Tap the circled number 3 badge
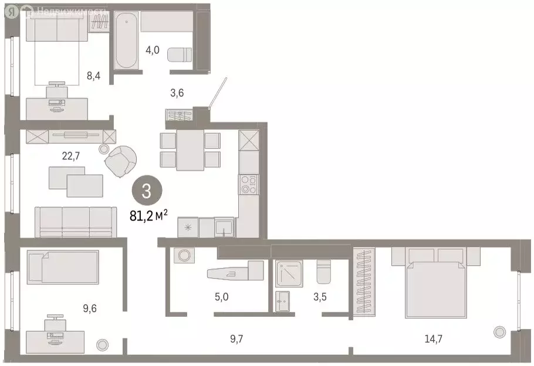[146, 191]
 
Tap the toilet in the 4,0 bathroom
[180, 55]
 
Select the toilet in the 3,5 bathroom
[323, 272]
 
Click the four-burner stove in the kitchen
[248, 185]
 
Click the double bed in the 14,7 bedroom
[435, 282]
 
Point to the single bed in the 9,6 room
[62, 267]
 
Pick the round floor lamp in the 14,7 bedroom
[499, 332]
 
